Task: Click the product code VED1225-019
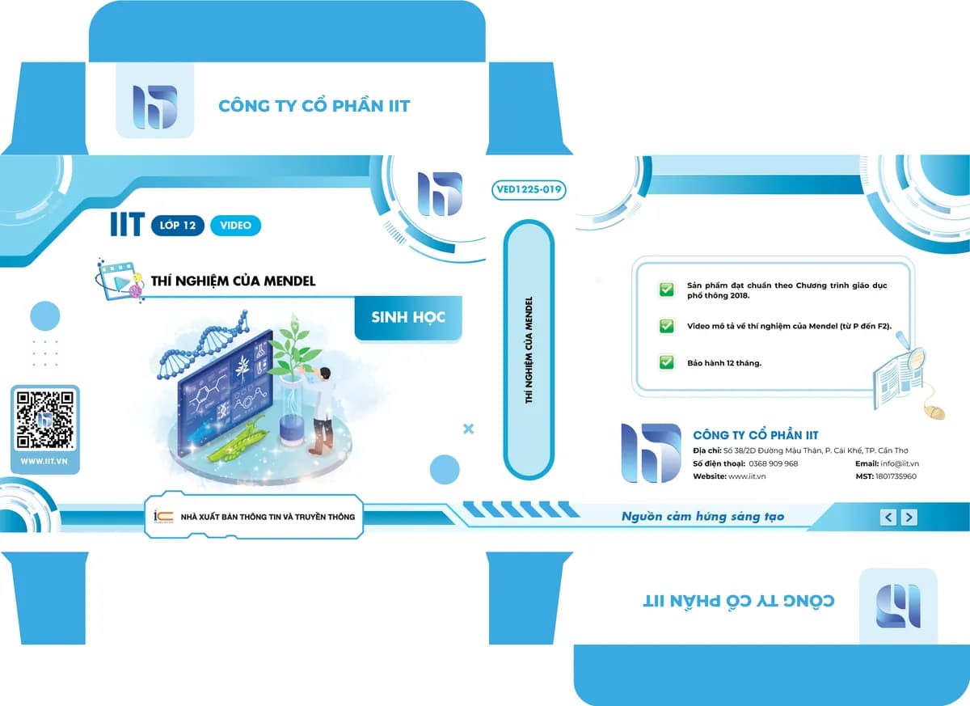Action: (529, 190)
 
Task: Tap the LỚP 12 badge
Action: (178, 226)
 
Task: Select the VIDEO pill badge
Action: (235, 226)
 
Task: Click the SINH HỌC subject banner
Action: (408, 318)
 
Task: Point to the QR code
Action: (44, 420)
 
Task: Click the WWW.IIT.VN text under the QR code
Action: (44, 462)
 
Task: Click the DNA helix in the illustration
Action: (205, 345)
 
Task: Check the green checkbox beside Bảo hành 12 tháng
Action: (666, 362)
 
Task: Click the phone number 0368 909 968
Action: (773, 464)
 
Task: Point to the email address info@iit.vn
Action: (900, 464)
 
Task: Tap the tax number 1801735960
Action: (896, 476)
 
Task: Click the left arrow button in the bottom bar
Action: (888, 517)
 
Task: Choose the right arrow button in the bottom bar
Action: (909, 517)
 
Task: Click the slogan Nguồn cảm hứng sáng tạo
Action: (702, 517)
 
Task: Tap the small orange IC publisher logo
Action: (163, 516)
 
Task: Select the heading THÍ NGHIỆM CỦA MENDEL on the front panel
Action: (233, 281)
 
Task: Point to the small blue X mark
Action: (468, 429)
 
